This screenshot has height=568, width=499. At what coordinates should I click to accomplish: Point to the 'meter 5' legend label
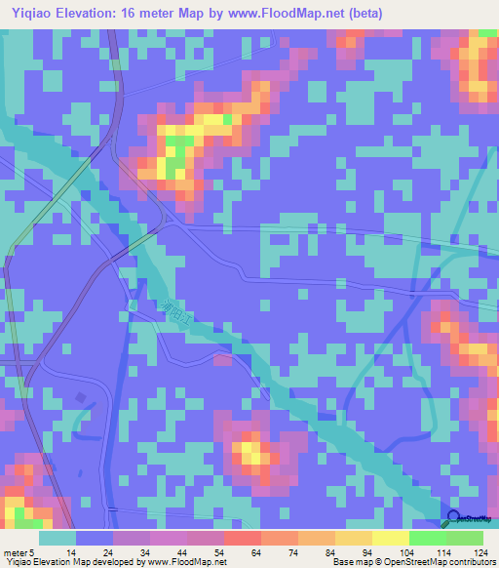point(19,553)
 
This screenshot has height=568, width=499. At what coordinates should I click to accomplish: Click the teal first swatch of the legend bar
point(58,538)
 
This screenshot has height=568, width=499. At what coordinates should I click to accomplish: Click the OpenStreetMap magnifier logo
point(454,518)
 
